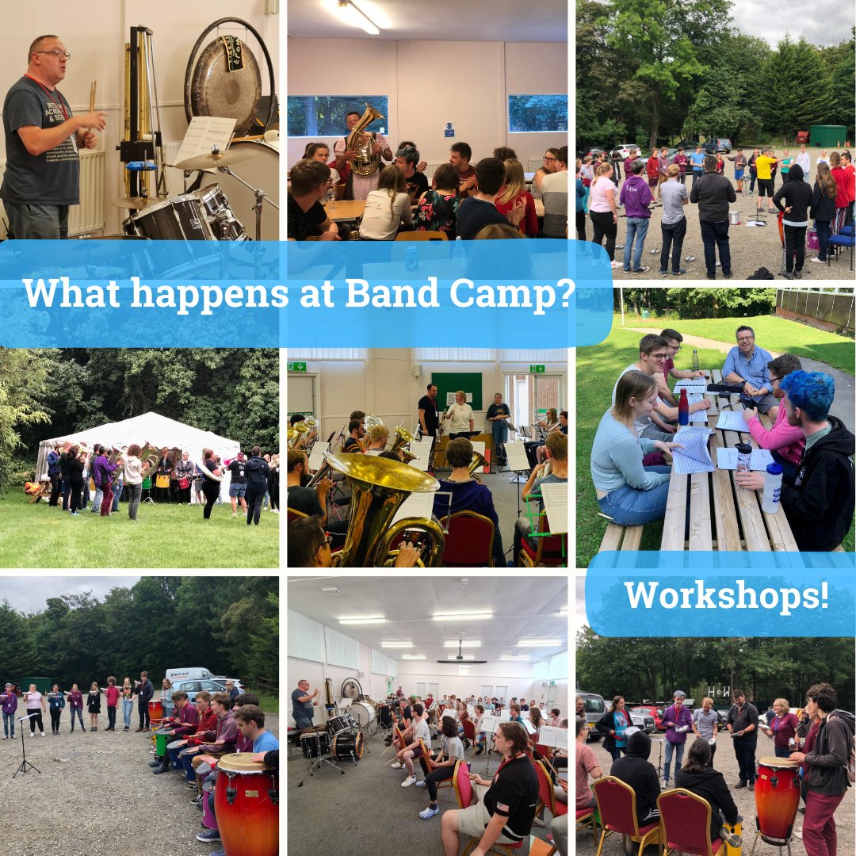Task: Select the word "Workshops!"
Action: pyautogui.click(x=726, y=596)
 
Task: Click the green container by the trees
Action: pyautogui.click(x=827, y=136)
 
